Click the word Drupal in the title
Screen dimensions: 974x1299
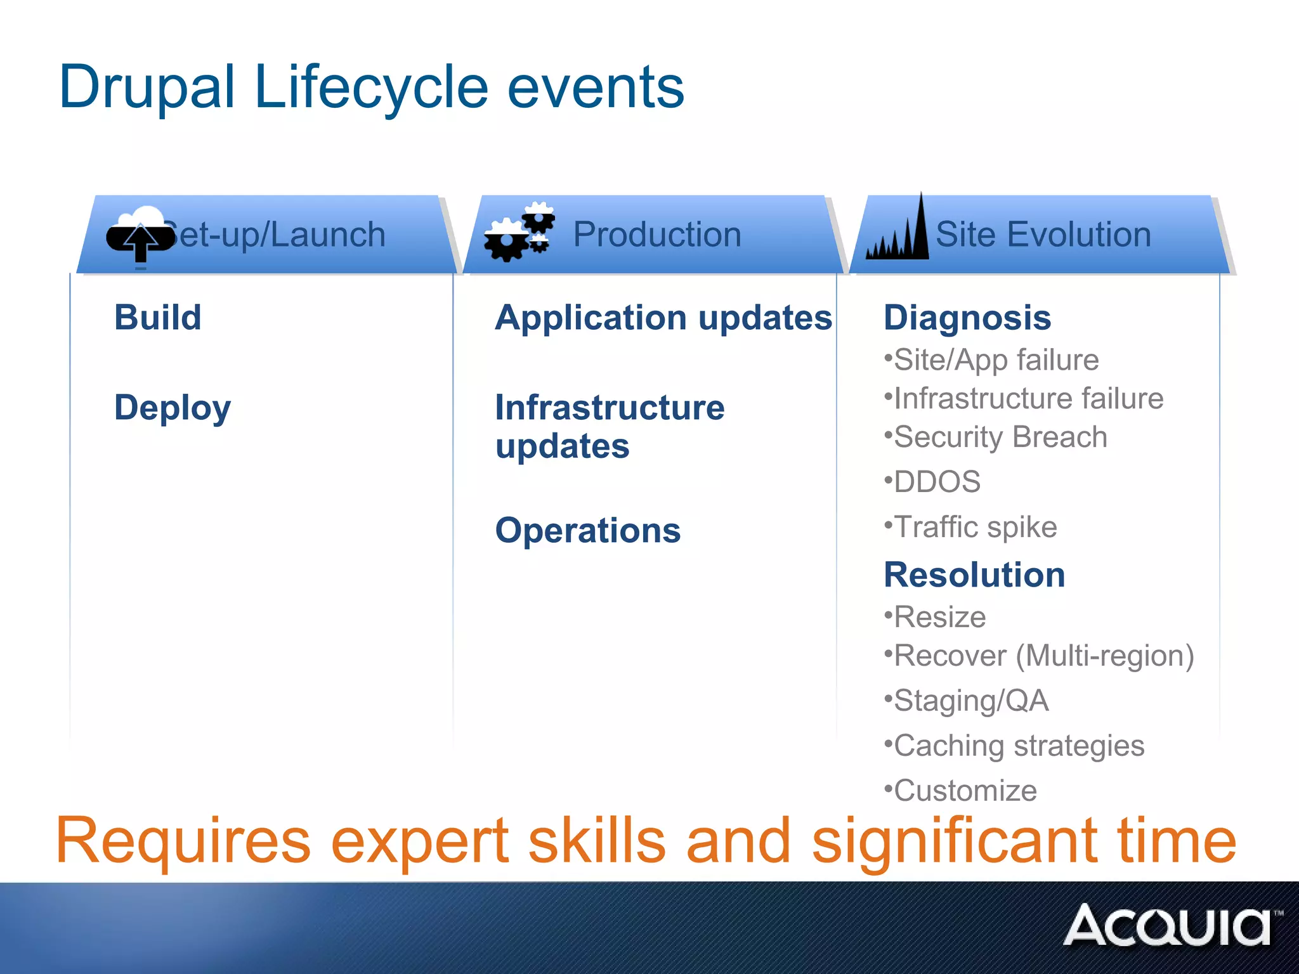147,88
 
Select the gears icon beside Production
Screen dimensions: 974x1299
519,233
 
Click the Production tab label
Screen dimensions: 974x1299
657,235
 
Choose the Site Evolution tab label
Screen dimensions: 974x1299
1043,235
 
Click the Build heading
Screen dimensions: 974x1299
158,317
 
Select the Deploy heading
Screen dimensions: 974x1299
173,408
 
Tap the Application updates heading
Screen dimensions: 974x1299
663,317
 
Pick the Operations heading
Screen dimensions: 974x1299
588,530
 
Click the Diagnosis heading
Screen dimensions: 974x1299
967,317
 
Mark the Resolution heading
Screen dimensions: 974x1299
974,575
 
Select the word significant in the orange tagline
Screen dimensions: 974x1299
955,841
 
